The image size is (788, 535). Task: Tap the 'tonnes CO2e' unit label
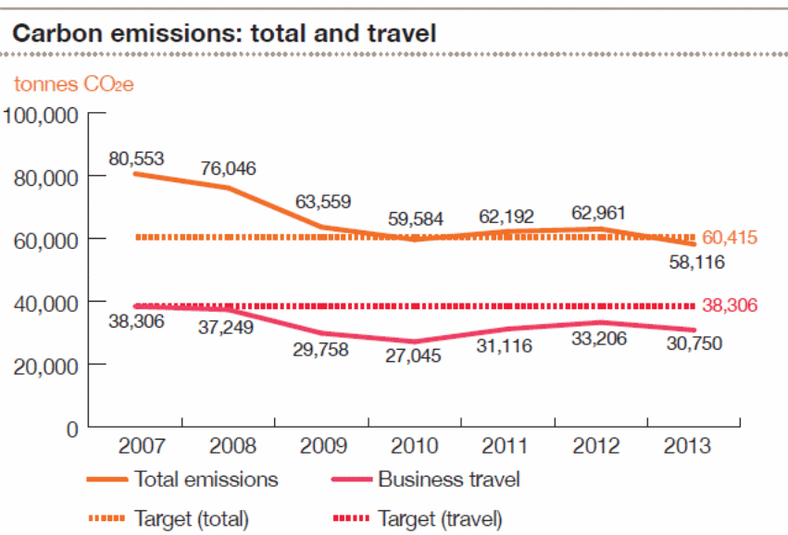click(74, 85)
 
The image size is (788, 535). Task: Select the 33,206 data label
click(598, 339)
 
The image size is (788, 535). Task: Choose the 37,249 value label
click(228, 328)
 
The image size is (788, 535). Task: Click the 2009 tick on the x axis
click(321, 446)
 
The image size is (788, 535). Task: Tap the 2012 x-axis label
click(598, 446)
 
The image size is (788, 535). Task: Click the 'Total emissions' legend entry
click(206, 479)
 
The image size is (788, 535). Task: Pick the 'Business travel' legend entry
click(448, 479)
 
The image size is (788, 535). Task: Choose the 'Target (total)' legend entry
click(191, 519)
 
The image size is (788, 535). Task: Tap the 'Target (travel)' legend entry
click(439, 519)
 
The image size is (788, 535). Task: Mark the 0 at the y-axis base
click(71, 429)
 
